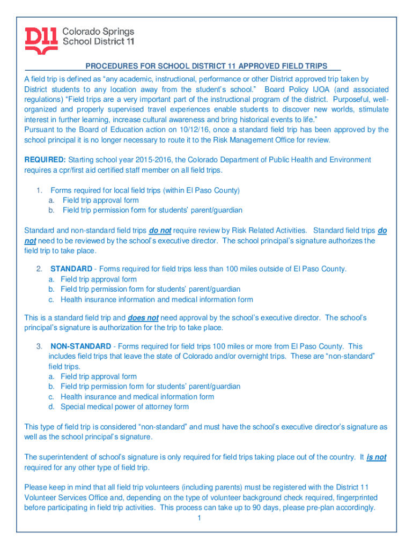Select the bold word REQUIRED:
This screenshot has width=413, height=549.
45,160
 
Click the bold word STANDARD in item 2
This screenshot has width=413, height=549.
71,269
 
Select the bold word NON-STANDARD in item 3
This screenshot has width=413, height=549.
81,346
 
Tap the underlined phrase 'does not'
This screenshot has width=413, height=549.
143,317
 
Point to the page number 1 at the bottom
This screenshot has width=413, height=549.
198,518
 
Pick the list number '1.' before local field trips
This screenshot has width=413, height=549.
39,190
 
